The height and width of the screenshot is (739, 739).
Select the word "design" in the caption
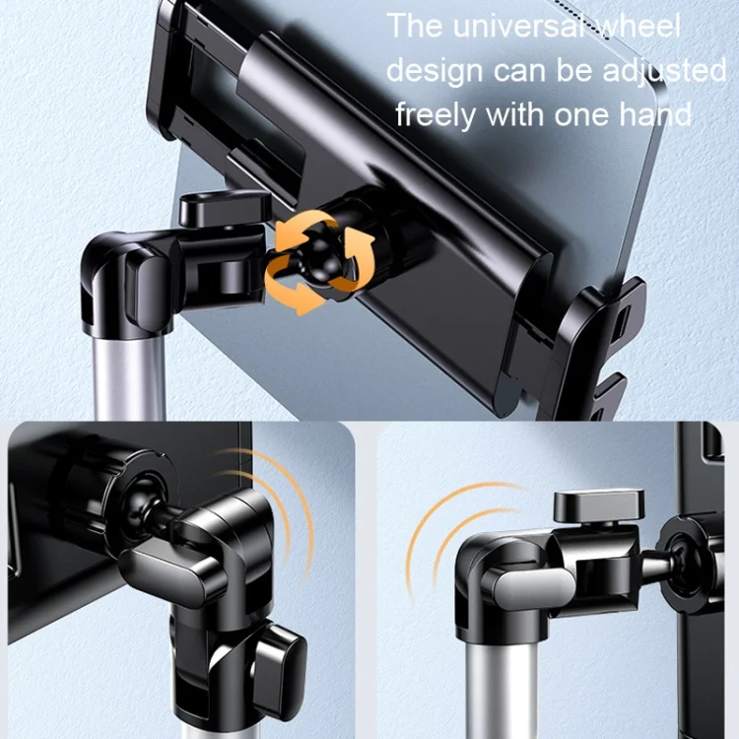pos(435,72)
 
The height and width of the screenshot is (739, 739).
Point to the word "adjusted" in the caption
pos(665,72)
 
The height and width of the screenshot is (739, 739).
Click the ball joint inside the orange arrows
pos(316,262)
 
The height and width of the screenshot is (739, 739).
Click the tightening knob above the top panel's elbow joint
pos(226,208)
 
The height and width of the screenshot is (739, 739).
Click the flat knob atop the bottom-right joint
pos(598,506)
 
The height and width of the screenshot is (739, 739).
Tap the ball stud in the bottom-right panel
pos(664,561)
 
